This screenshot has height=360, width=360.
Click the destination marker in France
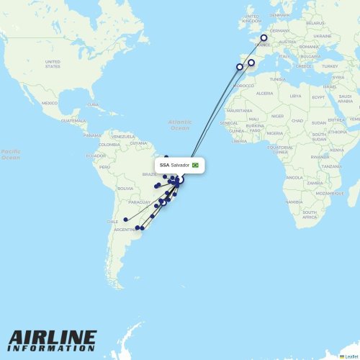pyautogui.click(x=264, y=38)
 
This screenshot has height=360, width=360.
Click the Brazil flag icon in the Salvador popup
pyautogui.click(x=195, y=165)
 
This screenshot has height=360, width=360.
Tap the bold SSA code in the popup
pyautogui.click(x=165, y=165)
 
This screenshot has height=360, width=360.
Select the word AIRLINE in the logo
pyautogui.click(x=53, y=337)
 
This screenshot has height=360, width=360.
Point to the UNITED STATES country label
pyautogui.click(x=53, y=63)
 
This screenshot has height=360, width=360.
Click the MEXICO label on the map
pyautogui.click(x=49, y=103)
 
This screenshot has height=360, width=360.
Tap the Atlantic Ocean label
pyautogui.click(x=179, y=125)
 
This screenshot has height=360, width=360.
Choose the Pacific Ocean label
pyautogui.click(x=10, y=154)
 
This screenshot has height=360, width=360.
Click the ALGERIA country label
pyautogui.click(x=265, y=93)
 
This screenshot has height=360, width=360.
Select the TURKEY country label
pyautogui.click(x=330, y=66)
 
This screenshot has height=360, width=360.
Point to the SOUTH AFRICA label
pyautogui.click(x=310, y=214)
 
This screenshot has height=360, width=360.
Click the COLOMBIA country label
pyautogui.click(x=109, y=144)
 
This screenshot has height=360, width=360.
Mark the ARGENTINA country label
pyautogui.click(x=125, y=229)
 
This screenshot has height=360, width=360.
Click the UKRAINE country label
pyautogui.click(x=323, y=35)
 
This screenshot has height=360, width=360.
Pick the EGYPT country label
pyautogui.click(x=318, y=96)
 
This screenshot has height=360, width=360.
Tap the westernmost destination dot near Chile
pyautogui.click(x=125, y=220)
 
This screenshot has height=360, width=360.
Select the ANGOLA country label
pyautogui.click(x=294, y=177)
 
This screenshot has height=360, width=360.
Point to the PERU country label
pyautogui.click(x=105, y=167)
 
